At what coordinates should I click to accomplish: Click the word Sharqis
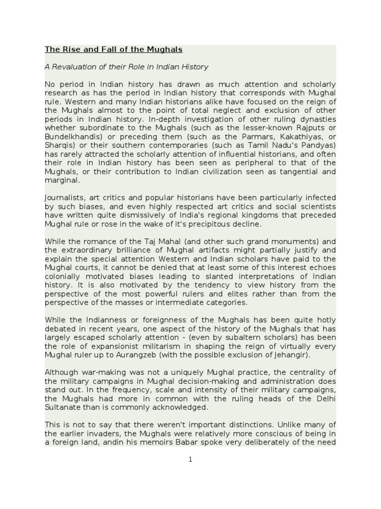(58, 145)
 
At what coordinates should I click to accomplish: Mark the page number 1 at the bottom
(190, 460)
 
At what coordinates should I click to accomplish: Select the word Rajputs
(310, 128)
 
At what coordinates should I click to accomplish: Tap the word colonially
(65, 276)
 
